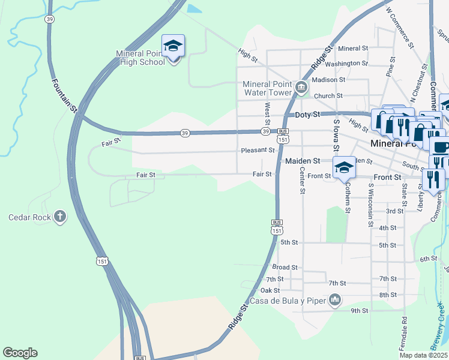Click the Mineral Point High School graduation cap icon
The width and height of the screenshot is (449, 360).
(173, 46)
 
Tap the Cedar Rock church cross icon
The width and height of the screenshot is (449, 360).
(59, 217)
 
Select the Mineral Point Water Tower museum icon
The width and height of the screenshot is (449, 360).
(301, 89)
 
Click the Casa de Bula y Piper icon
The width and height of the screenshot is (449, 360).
(335, 299)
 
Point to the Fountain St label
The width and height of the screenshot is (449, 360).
(65, 95)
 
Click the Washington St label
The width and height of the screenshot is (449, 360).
(347, 63)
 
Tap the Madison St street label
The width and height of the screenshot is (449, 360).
(329, 79)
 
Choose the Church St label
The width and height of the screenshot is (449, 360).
(328, 95)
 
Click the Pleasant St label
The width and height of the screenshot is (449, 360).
(257, 151)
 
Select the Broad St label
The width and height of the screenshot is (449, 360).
(285, 267)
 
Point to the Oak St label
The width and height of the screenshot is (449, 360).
(271, 290)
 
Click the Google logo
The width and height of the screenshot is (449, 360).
(20, 353)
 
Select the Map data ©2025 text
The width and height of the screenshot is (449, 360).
(424, 355)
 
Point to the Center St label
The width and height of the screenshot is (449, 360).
(303, 180)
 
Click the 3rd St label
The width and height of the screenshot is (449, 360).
(394, 211)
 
